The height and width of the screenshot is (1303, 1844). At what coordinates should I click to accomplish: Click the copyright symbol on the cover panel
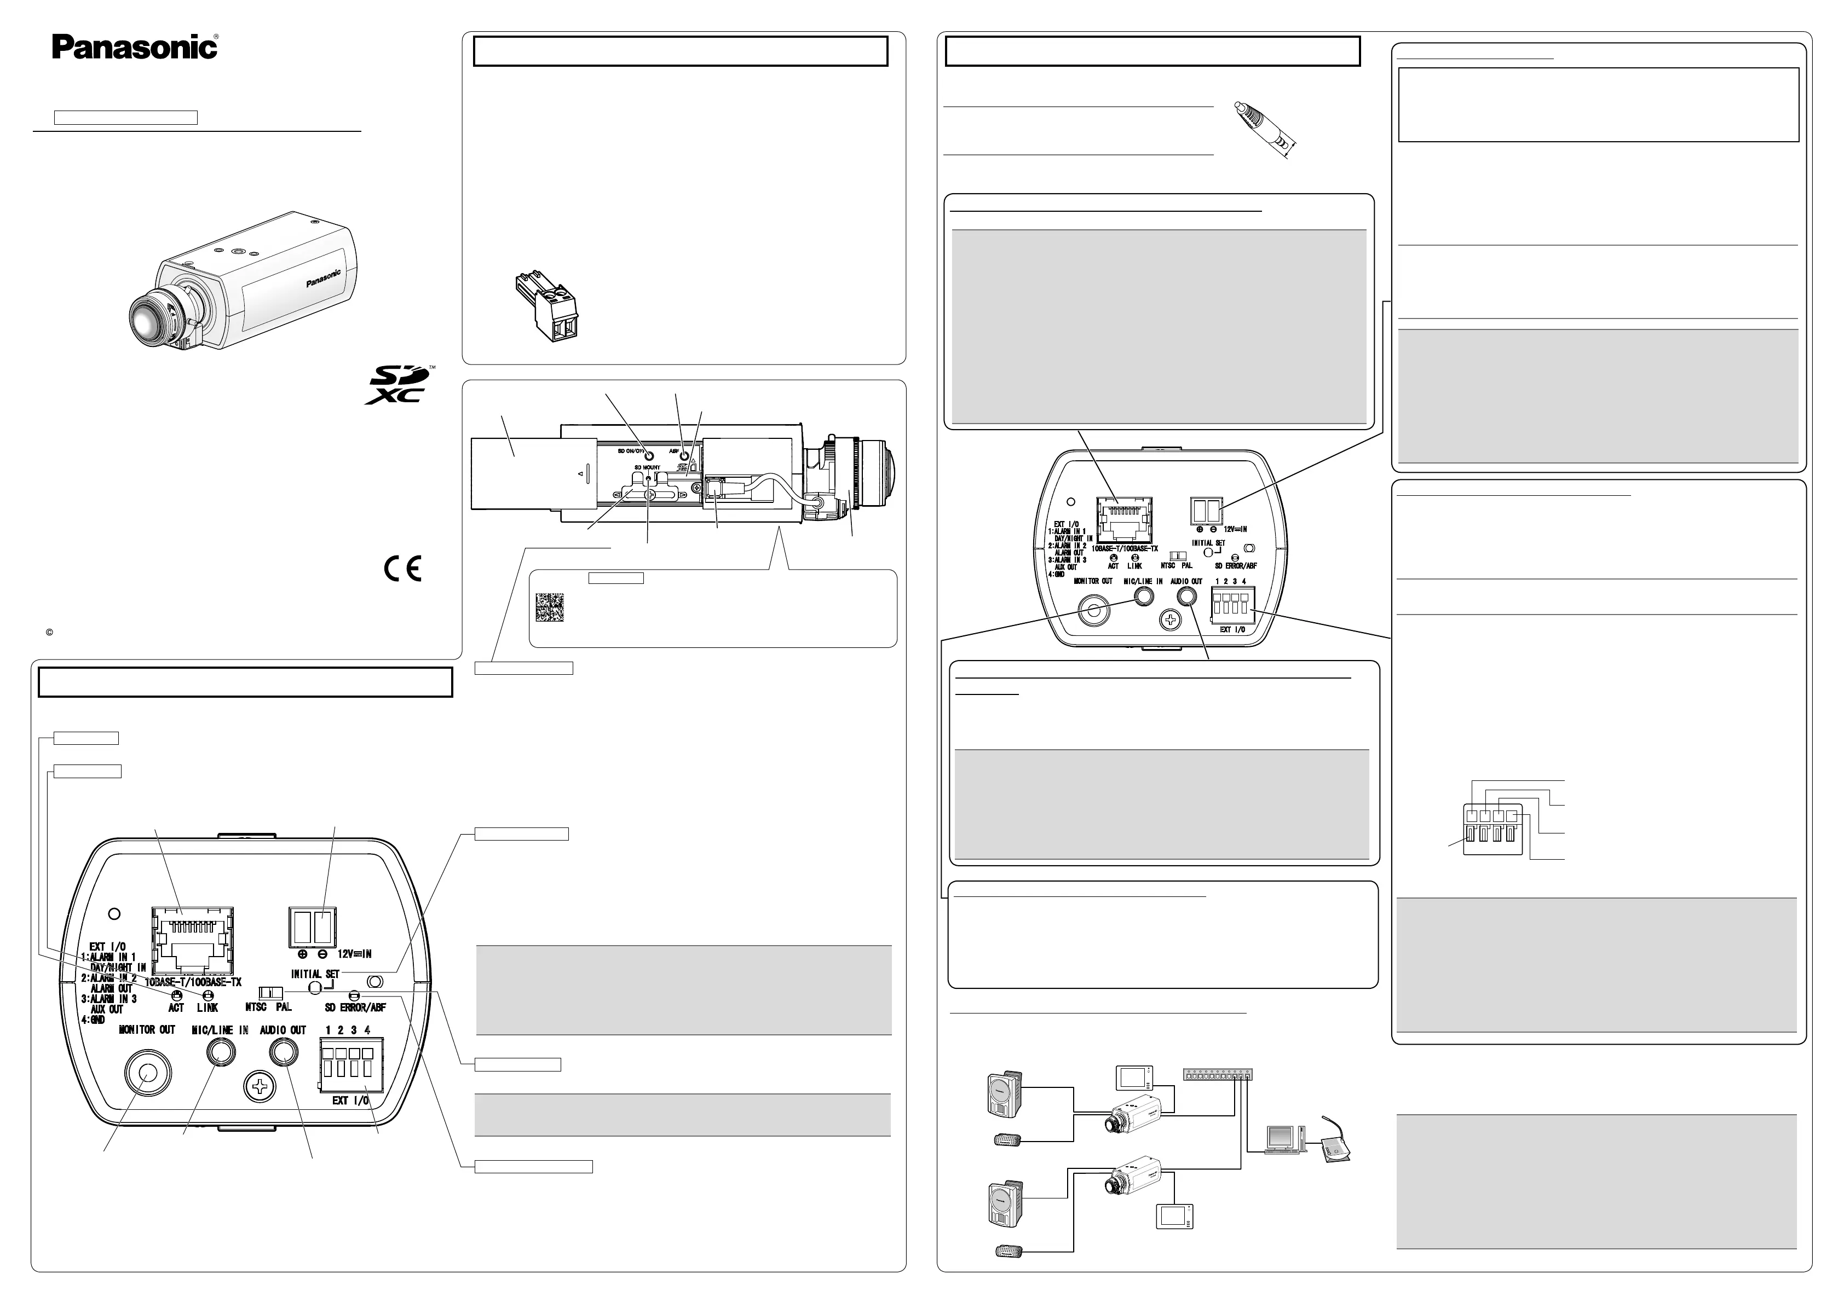49,633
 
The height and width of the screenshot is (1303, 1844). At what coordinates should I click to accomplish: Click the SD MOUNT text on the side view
647,467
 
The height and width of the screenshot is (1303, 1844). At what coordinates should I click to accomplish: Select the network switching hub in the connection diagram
1218,1073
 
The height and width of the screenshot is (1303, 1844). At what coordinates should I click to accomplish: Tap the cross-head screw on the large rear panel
260,1090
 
